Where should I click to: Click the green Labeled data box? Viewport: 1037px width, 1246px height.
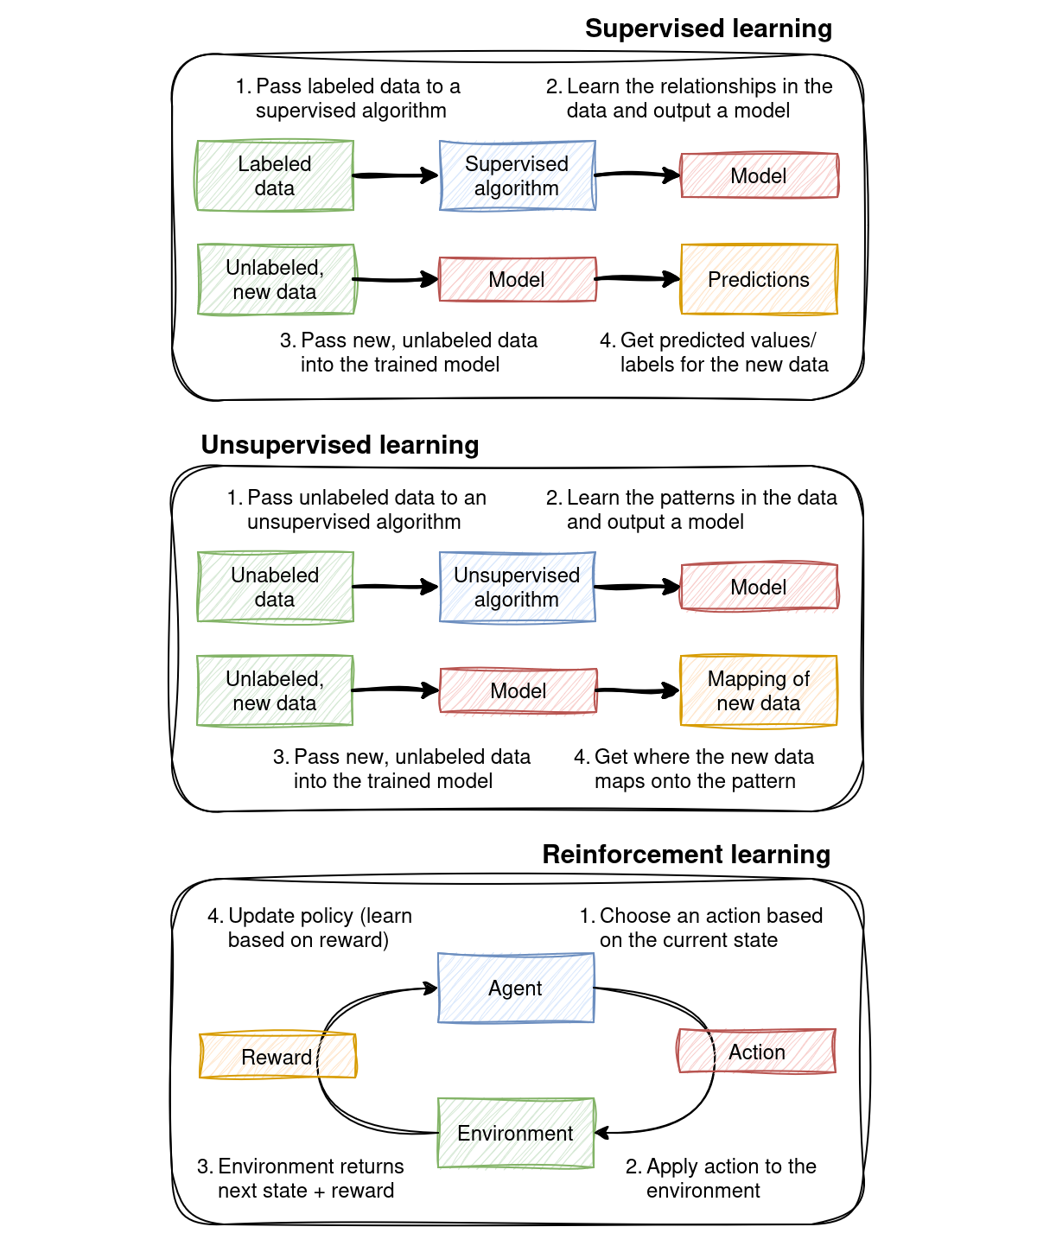[x=275, y=175]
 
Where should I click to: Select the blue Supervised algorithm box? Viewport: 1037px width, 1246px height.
[x=517, y=175]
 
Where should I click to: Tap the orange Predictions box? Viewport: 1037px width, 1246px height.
[x=759, y=279]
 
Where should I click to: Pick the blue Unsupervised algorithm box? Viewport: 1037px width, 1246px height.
[x=517, y=587]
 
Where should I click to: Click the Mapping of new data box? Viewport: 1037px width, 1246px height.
[x=759, y=690]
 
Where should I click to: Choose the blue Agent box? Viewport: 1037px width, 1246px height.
[x=516, y=988]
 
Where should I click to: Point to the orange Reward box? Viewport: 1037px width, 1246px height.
[x=277, y=1056]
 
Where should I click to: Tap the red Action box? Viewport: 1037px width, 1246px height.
[x=757, y=1051]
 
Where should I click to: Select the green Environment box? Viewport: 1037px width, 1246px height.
[x=516, y=1133]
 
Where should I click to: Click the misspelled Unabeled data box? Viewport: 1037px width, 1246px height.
[x=275, y=587]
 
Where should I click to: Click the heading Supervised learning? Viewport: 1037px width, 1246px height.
[x=708, y=29]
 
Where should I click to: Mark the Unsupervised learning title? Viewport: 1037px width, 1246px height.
[x=340, y=444]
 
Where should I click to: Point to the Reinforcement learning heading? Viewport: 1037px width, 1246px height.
[x=686, y=854]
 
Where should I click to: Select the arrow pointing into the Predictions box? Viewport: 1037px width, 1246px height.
[x=638, y=279]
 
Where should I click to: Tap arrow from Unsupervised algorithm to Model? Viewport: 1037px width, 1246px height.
[x=638, y=587]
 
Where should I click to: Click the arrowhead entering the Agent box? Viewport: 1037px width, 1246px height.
[x=429, y=989]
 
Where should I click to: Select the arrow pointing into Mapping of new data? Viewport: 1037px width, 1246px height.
[x=638, y=690]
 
